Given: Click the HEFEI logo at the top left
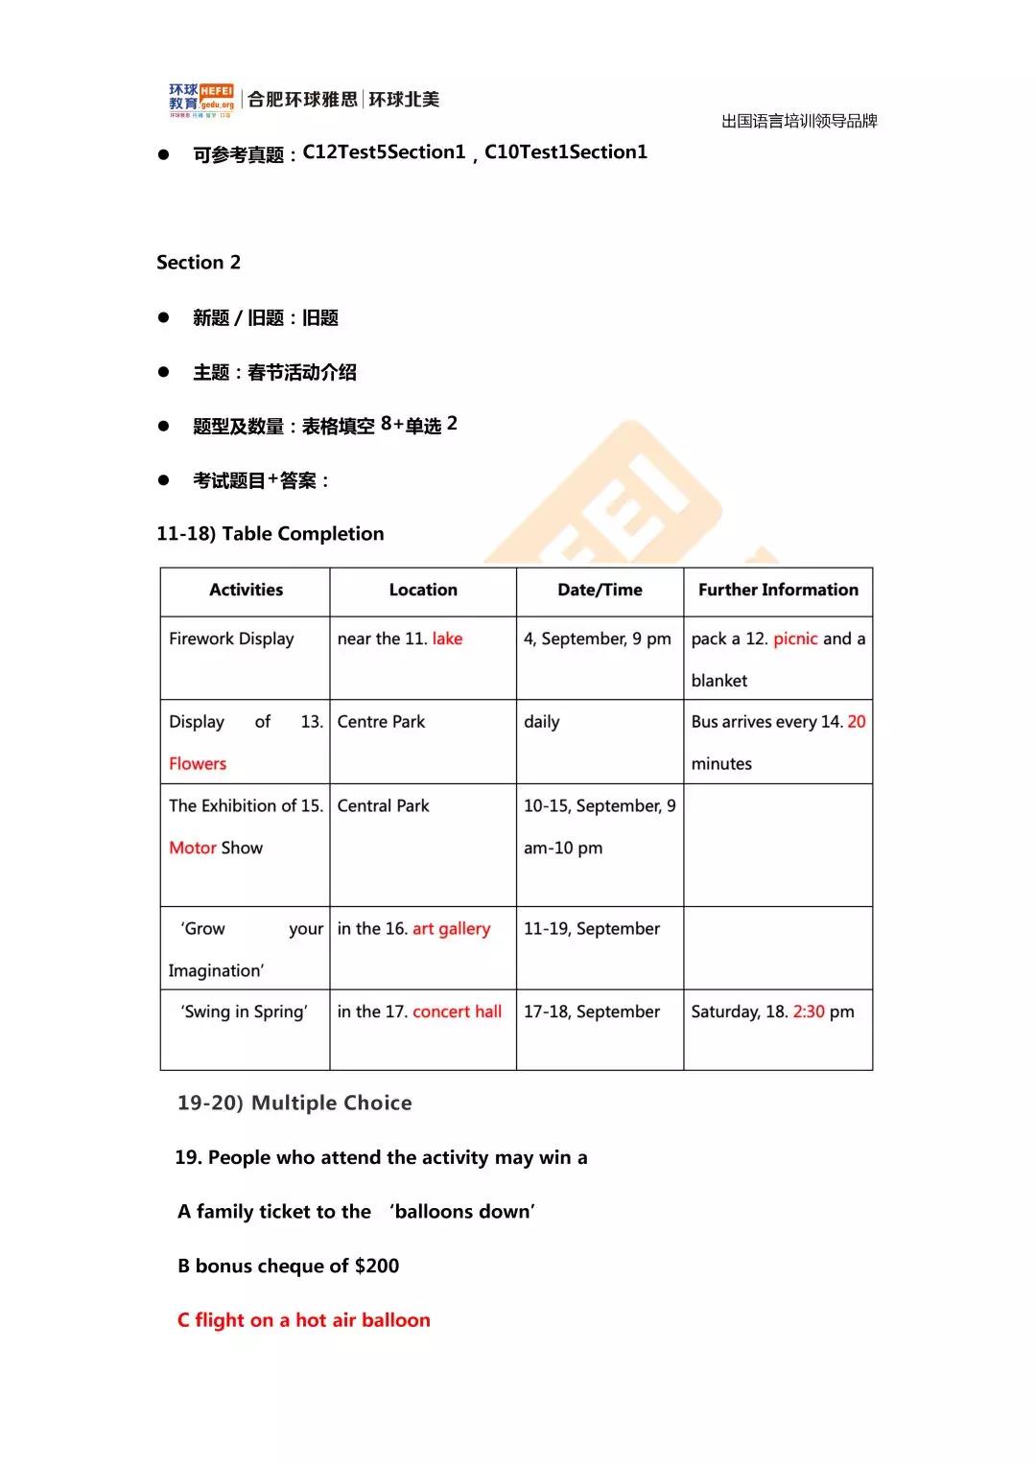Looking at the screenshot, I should click(x=201, y=100).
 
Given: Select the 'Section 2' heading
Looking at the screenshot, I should click(x=199, y=263).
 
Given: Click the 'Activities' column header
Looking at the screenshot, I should click(x=246, y=591).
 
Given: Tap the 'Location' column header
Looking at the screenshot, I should click(x=423, y=591).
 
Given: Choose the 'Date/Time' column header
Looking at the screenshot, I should click(x=600, y=591).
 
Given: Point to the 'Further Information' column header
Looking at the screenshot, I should click(x=778, y=591).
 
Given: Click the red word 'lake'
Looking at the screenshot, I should click(x=447, y=639).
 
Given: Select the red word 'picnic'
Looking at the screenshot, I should click(x=795, y=639).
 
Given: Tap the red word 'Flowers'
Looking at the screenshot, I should click(x=198, y=764).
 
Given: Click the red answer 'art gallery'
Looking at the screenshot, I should click(x=451, y=929).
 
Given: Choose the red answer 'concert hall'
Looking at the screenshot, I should click(x=457, y=1012).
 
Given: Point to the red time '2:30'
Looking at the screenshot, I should click(x=809, y=1012).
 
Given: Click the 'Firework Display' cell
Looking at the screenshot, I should click(x=231, y=639).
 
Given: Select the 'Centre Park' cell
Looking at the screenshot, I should click(x=381, y=722).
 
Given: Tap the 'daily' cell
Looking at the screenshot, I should click(x=541, y=722).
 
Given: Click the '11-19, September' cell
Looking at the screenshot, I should click(x=592, y=929).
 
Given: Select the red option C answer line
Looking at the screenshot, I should click(x=304, y=1320).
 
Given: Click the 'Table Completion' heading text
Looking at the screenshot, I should click(x=302, y=534).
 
